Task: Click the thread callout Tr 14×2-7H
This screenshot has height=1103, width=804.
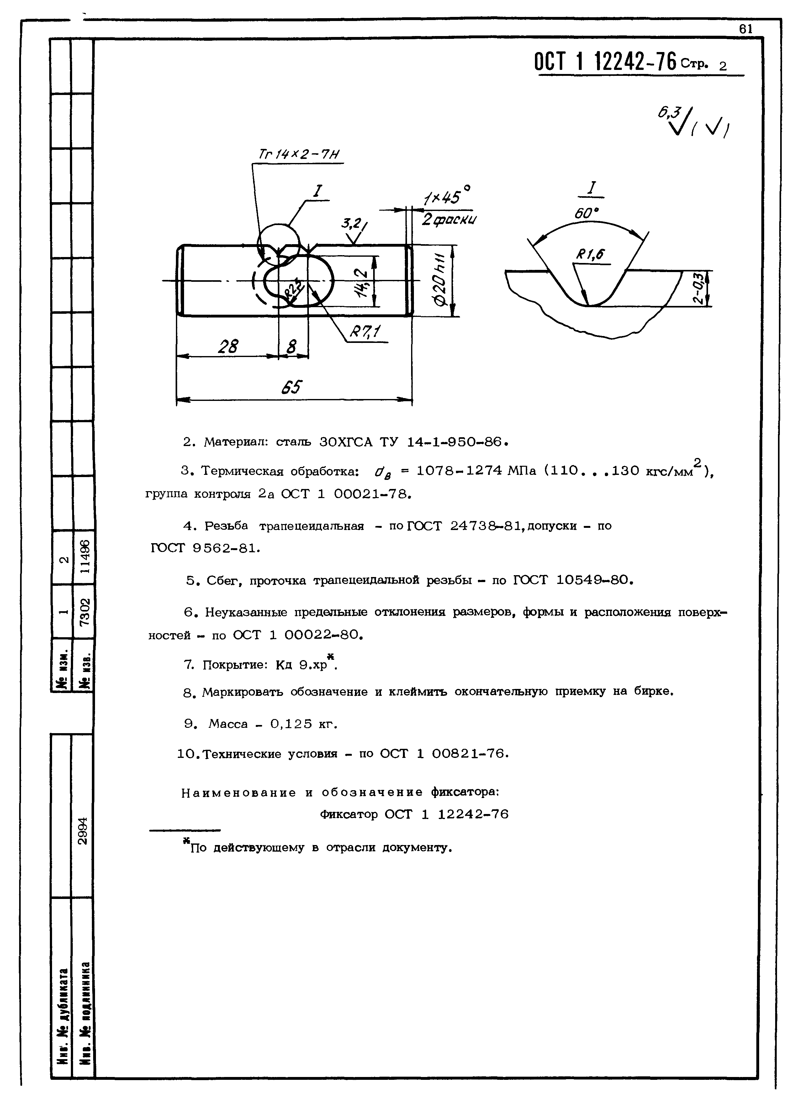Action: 298,155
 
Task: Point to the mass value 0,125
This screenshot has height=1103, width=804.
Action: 291,724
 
